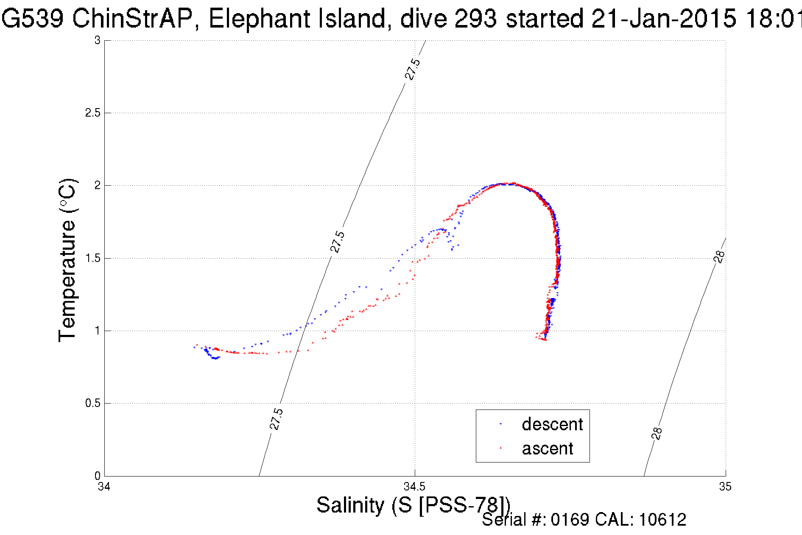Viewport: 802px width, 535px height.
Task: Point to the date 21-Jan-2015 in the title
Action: point(664,19)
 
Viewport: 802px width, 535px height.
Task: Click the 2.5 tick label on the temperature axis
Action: point(92,113)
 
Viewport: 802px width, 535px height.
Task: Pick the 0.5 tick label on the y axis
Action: point(92,403)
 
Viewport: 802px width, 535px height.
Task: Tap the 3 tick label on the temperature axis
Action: point(97,40)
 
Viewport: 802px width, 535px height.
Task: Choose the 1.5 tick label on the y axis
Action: point(92,258)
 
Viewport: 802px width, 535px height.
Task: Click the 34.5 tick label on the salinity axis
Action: point(414,486)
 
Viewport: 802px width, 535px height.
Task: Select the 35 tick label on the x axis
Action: point(725,486)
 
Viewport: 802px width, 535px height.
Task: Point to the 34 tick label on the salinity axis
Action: point(104,486)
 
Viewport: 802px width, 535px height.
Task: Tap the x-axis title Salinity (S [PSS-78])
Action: point(413,505)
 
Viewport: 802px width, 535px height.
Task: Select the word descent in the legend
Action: point(552,424)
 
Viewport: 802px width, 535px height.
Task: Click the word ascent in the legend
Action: point(548,448)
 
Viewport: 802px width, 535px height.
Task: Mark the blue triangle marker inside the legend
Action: point(500,424)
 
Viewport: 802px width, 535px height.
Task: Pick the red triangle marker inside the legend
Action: point(500,448)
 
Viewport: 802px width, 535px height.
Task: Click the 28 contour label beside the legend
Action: point(657,433)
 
